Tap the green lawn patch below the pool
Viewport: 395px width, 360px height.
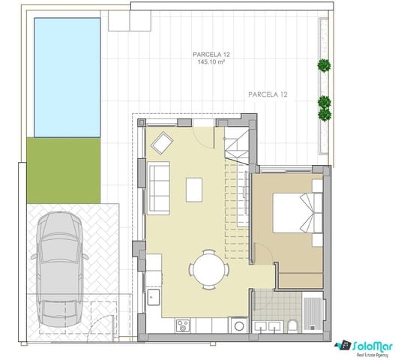(64, 170)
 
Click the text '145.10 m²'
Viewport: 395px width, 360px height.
(211, 63)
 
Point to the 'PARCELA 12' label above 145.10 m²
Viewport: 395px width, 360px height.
(211, 54)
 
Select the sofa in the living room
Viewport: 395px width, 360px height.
(160, 187)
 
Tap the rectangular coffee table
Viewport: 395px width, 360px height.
(194, 189)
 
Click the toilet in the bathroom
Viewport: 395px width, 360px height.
(293, 325)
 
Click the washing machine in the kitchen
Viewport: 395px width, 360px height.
(237, 325)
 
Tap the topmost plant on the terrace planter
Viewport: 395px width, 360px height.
(323, 65)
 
